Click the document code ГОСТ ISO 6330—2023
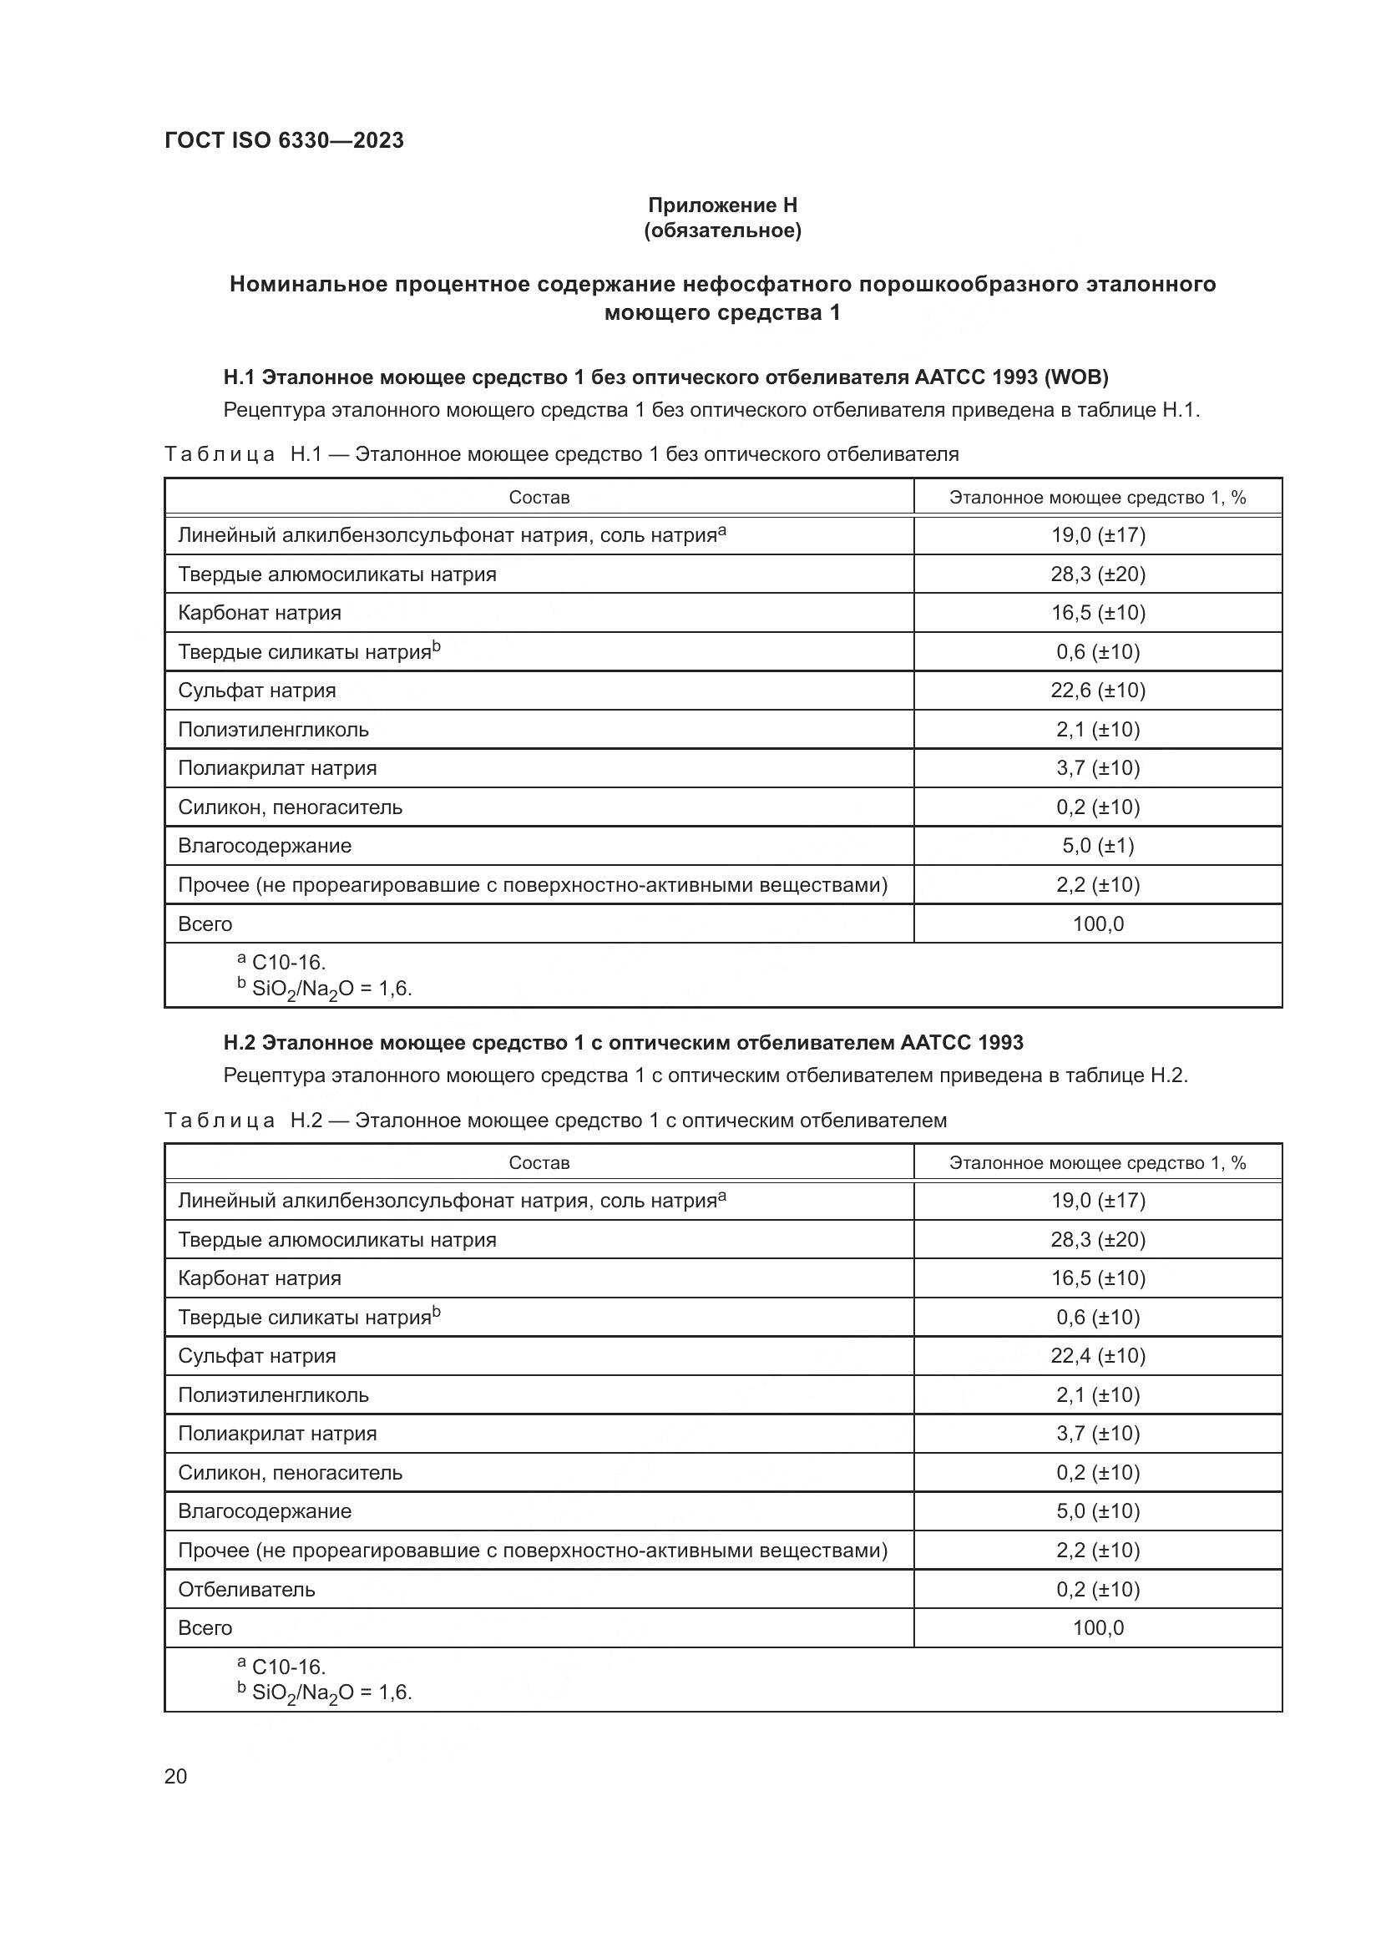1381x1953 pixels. [284, 140]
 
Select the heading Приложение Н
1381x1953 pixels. [722, 205]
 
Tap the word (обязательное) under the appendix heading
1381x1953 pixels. [722, 231]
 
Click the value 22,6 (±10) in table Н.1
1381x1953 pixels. [1097, 691]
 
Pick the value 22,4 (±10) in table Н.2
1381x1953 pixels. [1097, 1356]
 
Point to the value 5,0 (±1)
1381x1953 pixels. [1097, 846]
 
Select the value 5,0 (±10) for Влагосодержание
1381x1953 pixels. [1097, 1511]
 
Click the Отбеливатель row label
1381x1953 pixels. [246, 1590]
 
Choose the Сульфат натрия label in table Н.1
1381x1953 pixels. [257, 691]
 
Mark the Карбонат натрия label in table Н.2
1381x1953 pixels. [260, 1278]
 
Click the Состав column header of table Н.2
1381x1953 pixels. [539, 1163]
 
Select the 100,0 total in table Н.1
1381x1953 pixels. [1097, 923]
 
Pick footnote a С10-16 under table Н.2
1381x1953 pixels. [282, 1666]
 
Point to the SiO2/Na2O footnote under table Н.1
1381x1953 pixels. [325, 989]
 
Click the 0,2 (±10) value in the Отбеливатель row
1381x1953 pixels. [1097, 1590]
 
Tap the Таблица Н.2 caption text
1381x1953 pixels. [554, 1121]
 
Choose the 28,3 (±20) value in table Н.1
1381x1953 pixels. [1097, 574]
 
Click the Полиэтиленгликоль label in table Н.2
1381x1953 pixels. [273, 1395]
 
